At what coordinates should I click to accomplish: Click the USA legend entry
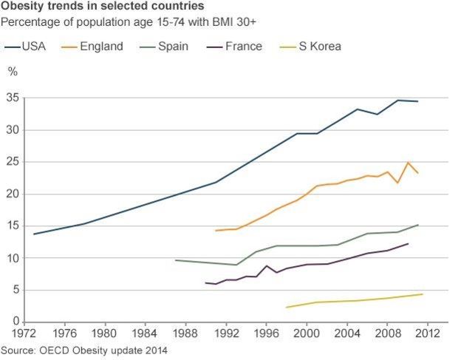pyautogui.click(x=27, y=47)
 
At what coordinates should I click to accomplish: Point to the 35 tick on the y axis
pyautogui.click(x=13, y=98)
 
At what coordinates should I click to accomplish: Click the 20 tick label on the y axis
pyautogui.click(x=13, y=194)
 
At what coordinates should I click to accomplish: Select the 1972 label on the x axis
pyautogui.click(x=24, y=333)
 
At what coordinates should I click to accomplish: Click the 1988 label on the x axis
pyautogui.click(x=185, y=333)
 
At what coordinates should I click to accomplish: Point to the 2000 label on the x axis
pyautogui.click(x=307, y=333)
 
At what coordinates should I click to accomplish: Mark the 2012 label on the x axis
pyautogui.click(x=427, y=333)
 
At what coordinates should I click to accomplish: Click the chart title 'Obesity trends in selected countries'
pyautogui.click(x=103, y=7)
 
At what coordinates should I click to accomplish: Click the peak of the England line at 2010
pyautogui.click(x=408, y=163)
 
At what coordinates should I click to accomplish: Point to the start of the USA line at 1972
pyautogui.click(x=34, y=234)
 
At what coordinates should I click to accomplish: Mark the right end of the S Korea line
pyautogui.click(x=423, y=294)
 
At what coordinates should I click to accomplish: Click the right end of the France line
pyautogui.click(x=408, y=243)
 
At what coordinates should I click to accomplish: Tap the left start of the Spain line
pyautogui.click(x=175, y=260)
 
